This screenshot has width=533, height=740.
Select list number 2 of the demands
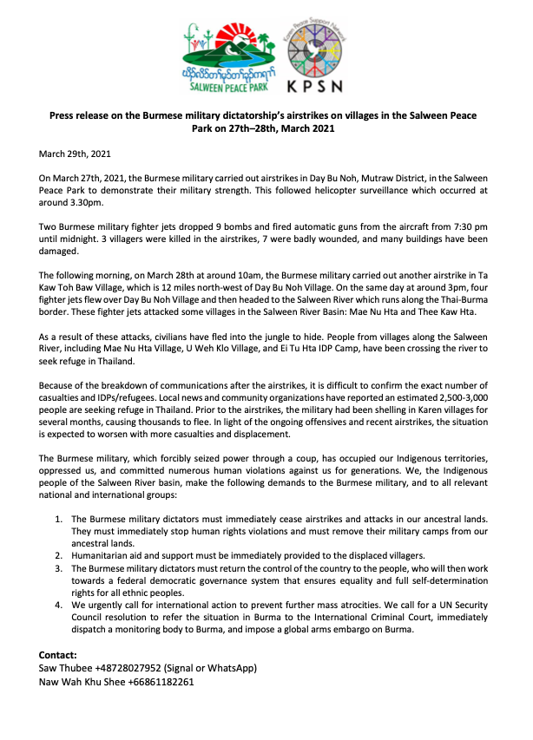[57, 554]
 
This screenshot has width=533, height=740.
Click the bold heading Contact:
[58, 654]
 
